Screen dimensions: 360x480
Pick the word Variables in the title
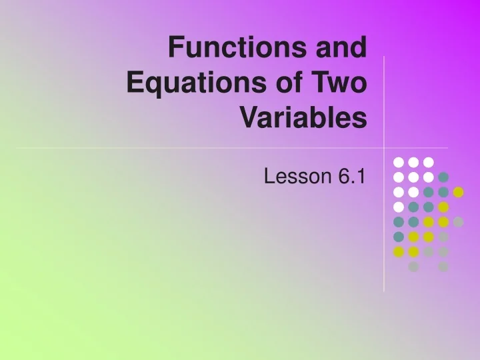click(x=303, y=119)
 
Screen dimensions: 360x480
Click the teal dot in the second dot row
click(x=443, y=177)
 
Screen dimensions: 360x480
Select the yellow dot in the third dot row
click(x=458, y=192)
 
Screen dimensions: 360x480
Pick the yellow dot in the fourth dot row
click(x=443, y=207)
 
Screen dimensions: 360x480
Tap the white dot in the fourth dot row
click(x=399, y=207)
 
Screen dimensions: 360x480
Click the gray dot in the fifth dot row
click(x=458, y=222)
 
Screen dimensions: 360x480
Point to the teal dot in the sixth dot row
click(x=399, y=237)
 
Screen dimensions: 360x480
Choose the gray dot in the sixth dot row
click(x=443, y=237)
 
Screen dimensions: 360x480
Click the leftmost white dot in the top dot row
click(x=399, y=162)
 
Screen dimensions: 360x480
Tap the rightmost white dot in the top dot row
click(x=429, y=162)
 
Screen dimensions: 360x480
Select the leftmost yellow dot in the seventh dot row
click(x=399, y=252)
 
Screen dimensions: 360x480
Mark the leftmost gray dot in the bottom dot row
click(x=413, y=267)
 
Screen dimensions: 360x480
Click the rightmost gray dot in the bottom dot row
click(x=443, y=267)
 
